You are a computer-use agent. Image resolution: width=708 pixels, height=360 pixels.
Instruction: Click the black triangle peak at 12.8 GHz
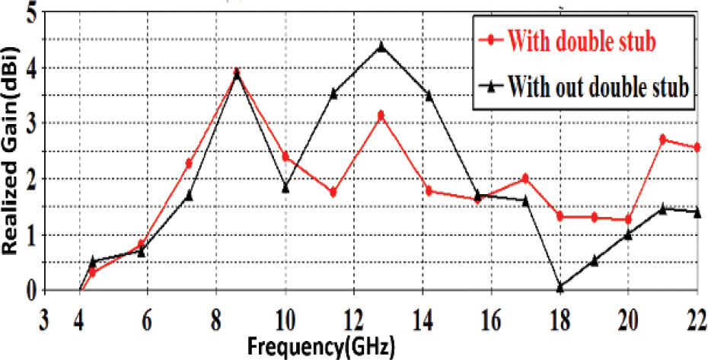coord(381,46)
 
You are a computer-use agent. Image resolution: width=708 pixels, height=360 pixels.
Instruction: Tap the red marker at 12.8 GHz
coord(381,115)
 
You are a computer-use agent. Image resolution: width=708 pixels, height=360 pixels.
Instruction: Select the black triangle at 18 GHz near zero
coord(560,287)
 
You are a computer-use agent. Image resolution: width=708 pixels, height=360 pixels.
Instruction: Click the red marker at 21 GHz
coord(663,139)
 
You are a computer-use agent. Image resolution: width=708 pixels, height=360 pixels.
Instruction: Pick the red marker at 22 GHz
coord(697,147)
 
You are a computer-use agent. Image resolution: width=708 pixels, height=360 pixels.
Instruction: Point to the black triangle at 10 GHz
coord(285,187)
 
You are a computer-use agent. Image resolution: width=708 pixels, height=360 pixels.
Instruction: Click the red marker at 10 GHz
coord(285,157)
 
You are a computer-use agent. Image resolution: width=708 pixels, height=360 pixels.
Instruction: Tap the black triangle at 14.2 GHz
coord(429,95)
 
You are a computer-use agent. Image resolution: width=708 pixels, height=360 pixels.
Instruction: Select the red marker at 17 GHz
coord(525,178)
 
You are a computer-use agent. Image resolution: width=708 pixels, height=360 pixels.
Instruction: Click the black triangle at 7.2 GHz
coord(189,196)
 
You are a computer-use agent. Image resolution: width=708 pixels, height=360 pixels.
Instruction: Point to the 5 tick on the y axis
coord(32,13)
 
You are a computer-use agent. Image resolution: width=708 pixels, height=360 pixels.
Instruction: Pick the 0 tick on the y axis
coord(30,290)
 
